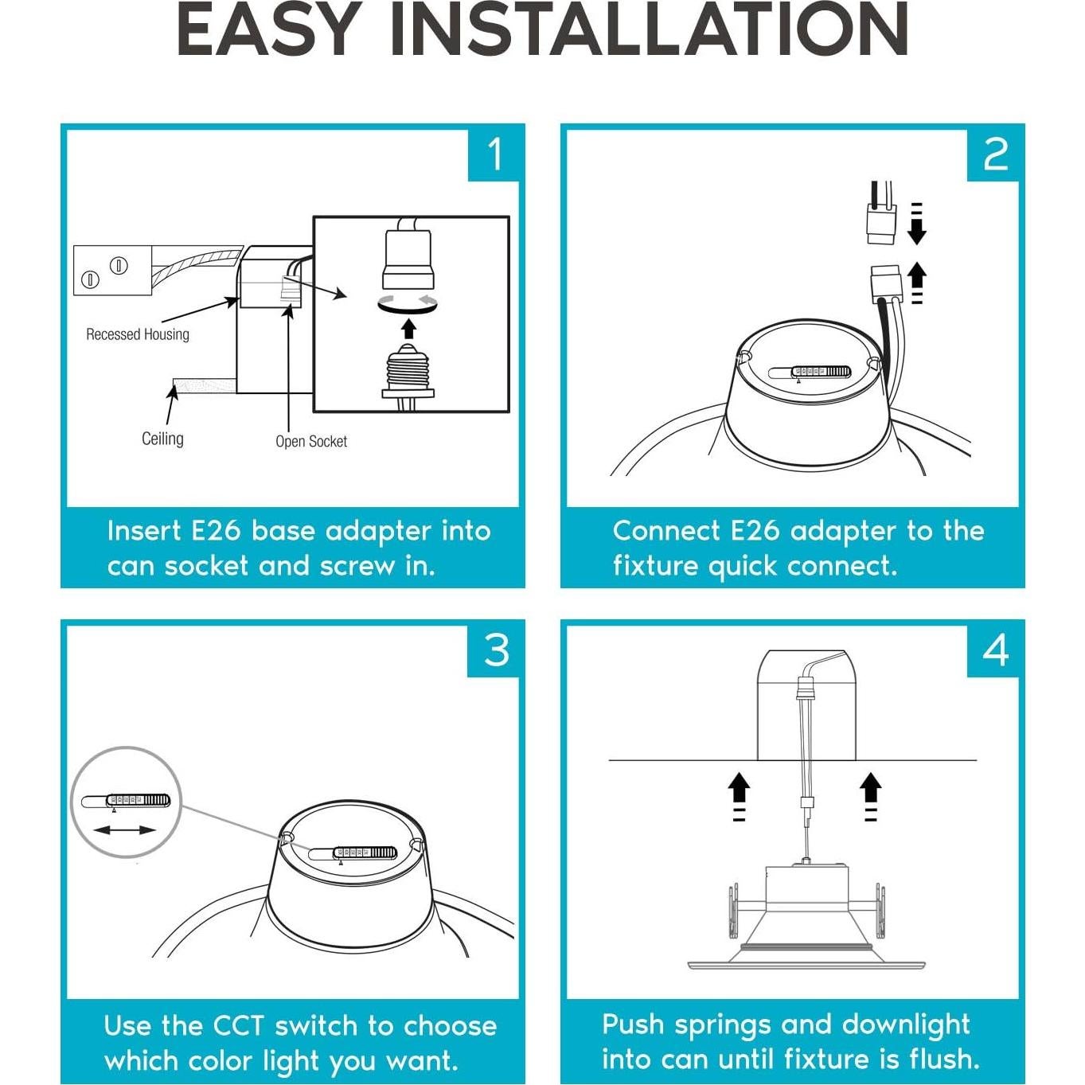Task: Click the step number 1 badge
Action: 494,155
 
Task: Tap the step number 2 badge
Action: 993,155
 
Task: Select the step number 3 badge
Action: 494,651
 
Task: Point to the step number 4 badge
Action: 993,651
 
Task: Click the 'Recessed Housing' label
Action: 138,334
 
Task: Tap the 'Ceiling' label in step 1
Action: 162,439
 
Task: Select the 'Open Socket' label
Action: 310,442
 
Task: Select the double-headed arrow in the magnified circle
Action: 124,830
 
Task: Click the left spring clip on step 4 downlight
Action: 733,911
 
